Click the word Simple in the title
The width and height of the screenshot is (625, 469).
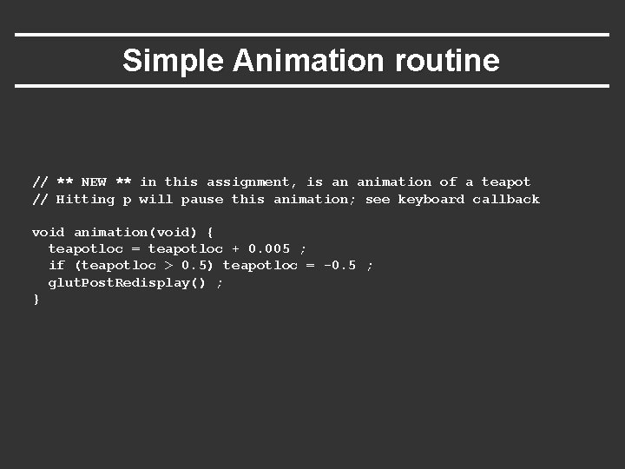174,61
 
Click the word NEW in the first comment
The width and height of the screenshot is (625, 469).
94,182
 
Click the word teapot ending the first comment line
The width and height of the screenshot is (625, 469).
506,182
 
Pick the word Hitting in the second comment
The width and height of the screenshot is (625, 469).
85,200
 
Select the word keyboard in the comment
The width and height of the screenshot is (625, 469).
431,200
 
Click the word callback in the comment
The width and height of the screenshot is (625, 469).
506,200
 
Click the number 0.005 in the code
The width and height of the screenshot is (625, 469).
269,249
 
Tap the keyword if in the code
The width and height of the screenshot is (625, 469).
56,266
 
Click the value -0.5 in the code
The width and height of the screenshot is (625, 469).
339,266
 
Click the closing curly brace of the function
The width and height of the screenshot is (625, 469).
36,299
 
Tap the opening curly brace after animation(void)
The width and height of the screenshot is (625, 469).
210,233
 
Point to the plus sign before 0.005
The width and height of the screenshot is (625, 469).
235,249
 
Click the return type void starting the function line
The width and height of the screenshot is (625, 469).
48,233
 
